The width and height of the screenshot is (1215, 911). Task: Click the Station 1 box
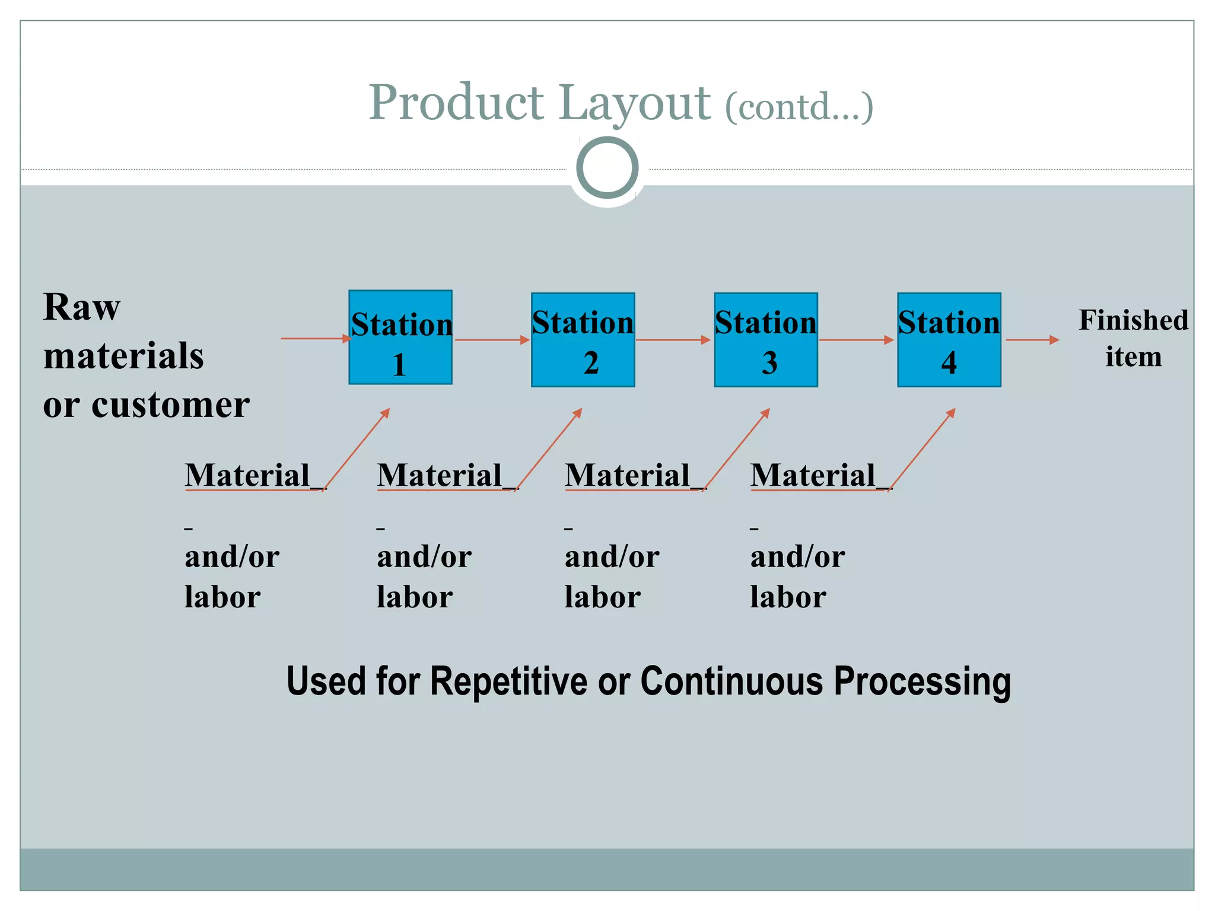pyautogui.click(x=400, y=337)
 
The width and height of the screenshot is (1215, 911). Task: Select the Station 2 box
pyautogui.click(x=583, y=340)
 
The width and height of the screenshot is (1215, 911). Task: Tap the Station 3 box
pyautogui.click(x=765, y=340)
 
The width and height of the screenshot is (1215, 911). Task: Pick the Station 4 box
pyautogui.click(x=949, y=340)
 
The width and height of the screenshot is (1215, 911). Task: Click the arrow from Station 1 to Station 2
pyautogui.click(x=491, y=340)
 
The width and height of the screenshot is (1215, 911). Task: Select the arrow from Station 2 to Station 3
pyautogui.click(x=673, y=340)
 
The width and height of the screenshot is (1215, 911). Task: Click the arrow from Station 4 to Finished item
pyautogui.click(x=1032, y=340)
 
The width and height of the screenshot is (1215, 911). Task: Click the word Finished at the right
pyautogui.click(x=1133, y=320)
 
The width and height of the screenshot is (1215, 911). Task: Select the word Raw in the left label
pyautogui.click(x=82, y=307)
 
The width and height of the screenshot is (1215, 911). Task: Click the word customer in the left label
pyautogui.click(x=171, y=406)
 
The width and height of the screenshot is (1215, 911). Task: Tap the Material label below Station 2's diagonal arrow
pyautogui.click(x=440, y=476)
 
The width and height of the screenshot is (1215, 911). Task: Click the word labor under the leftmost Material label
pyautogui.click(x=222, y=597)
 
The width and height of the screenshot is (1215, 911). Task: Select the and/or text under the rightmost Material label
pyautogui.click(x=797, y=557)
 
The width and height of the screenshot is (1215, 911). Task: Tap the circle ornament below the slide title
pyautogui.click(x=607, y=168)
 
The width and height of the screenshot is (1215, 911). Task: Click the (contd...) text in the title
pyautogui.click(x=799, y=107)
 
